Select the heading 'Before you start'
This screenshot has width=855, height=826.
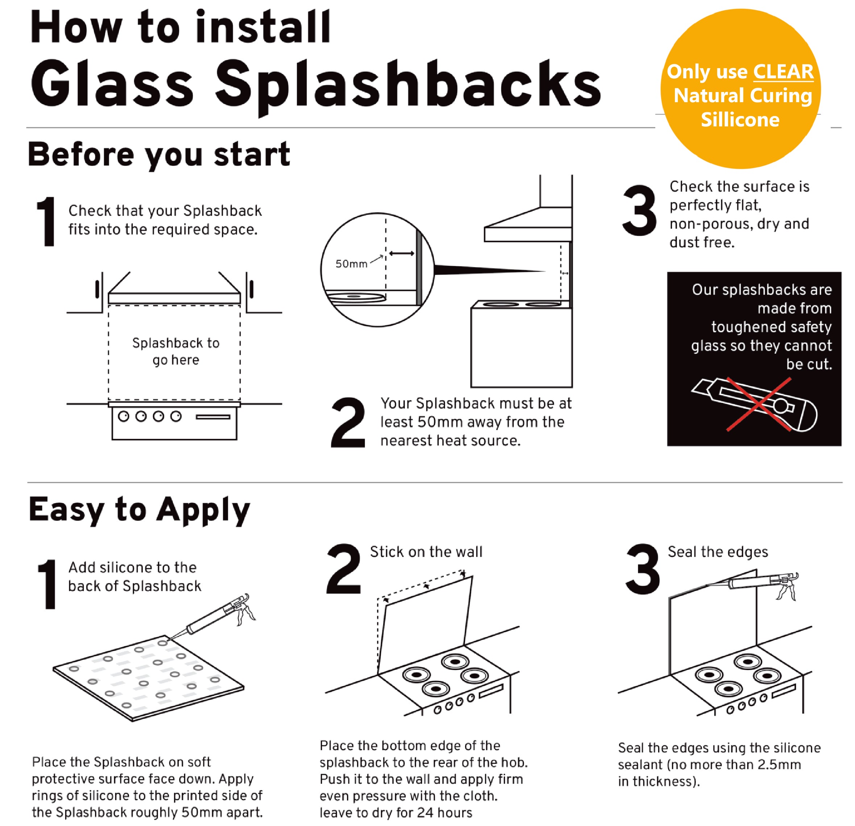coord(159,155)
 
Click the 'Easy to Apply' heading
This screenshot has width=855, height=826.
coord(140,510)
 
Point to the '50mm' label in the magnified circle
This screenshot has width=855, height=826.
coord(351,264)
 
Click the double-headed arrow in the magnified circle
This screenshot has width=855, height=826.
coord(401,253)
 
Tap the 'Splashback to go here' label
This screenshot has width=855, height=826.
coord(176,352)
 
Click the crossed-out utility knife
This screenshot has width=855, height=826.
coord(754,404)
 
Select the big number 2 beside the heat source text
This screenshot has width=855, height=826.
coord(348,423)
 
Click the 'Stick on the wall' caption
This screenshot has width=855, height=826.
coord(426,552)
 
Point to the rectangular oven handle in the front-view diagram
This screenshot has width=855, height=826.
coord(213,417)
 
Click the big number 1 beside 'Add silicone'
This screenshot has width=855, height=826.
coord(47,584)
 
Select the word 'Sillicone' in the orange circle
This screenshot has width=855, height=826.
coord(740,120)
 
